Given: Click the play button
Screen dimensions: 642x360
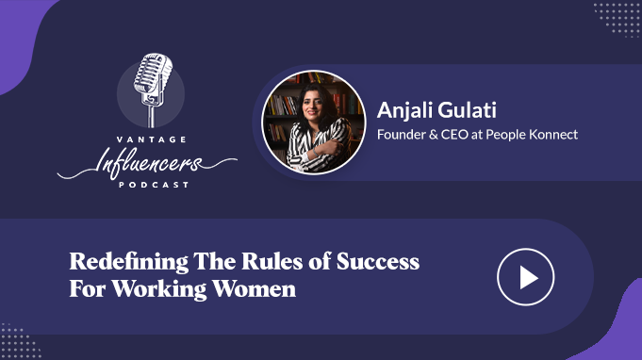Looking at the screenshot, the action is click(x=526, y=277).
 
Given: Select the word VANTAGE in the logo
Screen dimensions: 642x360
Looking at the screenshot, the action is click(x=152, y=139).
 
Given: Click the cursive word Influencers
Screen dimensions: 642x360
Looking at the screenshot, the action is click(x=147, y=163).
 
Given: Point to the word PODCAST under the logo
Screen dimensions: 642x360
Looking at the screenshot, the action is click(x=154, y=185).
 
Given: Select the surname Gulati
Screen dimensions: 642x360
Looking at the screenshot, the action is click(x=468, y=110).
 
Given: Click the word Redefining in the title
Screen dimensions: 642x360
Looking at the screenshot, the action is click(x=129, y=262).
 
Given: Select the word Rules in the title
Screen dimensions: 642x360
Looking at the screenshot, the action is click(x=272, y=261).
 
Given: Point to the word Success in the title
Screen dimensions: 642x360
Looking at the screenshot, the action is click(x=378, y=262).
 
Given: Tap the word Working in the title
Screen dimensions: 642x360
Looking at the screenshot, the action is click(x=159, y=290).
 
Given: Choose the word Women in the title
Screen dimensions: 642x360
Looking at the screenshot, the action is click(x=254, y=288).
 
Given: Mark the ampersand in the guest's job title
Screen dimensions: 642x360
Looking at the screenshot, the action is click(x=434, y=135).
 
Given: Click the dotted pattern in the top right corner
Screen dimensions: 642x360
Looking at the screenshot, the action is click(x=617, y=19).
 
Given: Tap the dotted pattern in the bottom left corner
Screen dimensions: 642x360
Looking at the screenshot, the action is click(x=20, y=340).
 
